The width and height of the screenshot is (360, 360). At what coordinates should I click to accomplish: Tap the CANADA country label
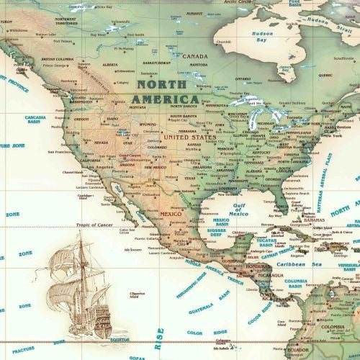coord(194,56)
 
